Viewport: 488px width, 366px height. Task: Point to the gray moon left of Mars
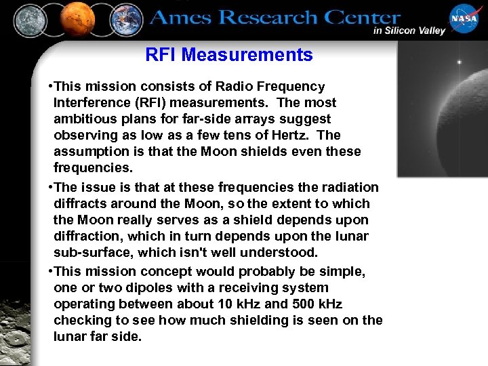click(x=30, y=20)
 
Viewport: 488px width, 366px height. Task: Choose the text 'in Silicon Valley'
click(x=409, y=30)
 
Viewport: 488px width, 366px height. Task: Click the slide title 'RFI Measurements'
click(x=229, y=55)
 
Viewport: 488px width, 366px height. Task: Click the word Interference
click(x=94, y=102)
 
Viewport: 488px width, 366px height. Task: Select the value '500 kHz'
click(x=321, y=304)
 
